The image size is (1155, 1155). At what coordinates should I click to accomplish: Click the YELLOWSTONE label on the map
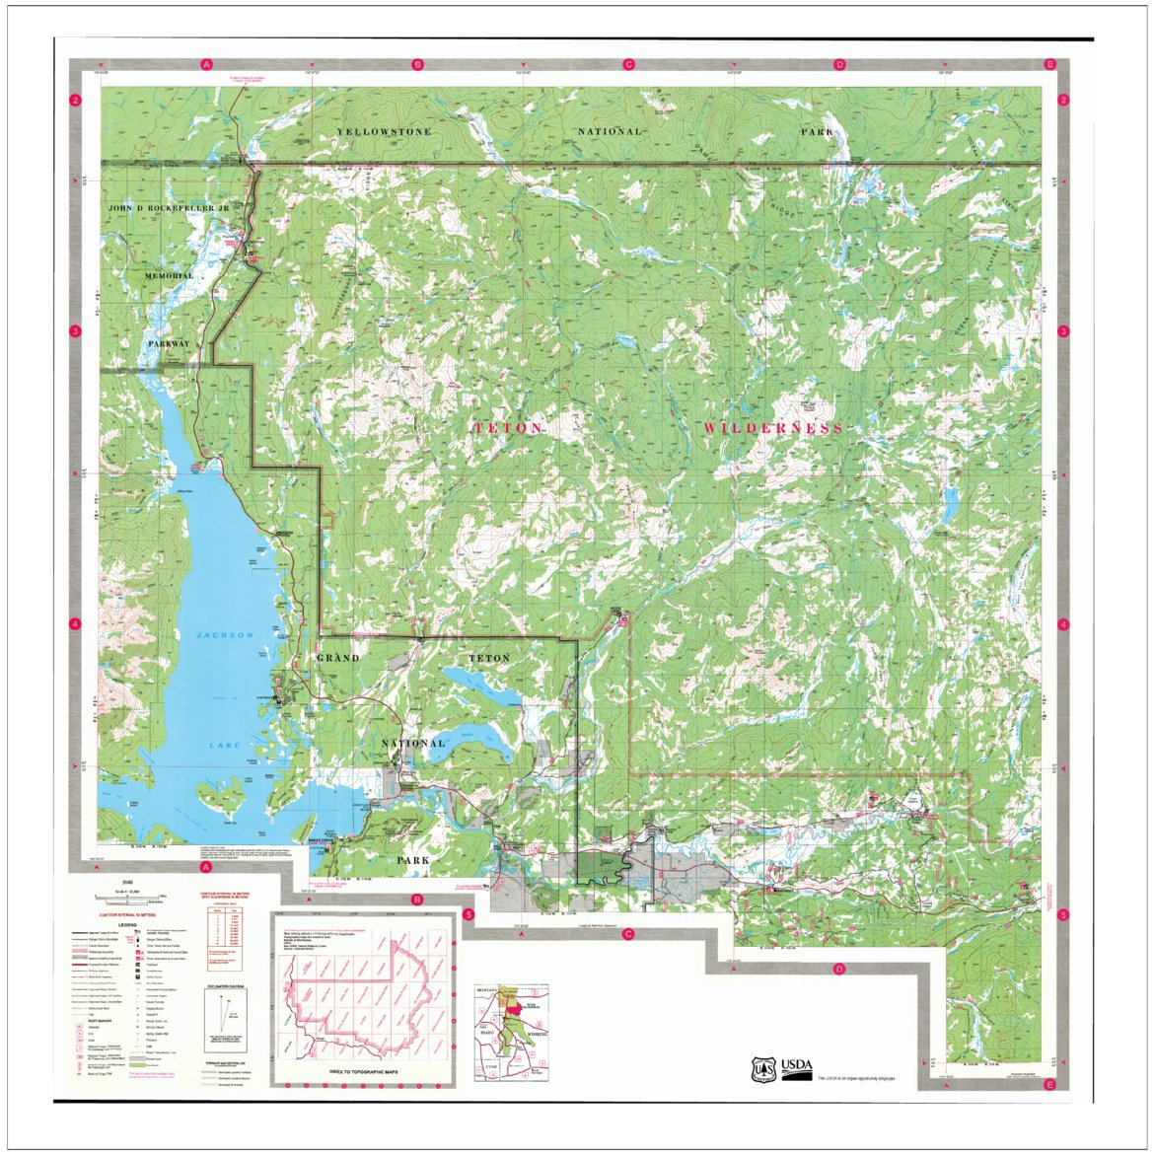coord(384,131)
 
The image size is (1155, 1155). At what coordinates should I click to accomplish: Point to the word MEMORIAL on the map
coord(169,276)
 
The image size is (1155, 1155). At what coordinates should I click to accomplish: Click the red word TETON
coord(508,428)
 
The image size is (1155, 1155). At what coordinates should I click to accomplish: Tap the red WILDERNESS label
coord(773,428)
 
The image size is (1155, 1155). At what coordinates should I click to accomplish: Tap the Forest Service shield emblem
coord(763,1069)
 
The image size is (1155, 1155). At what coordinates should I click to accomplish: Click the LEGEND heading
coord(128,924)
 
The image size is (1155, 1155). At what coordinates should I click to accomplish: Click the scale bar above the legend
coord(129,897)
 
